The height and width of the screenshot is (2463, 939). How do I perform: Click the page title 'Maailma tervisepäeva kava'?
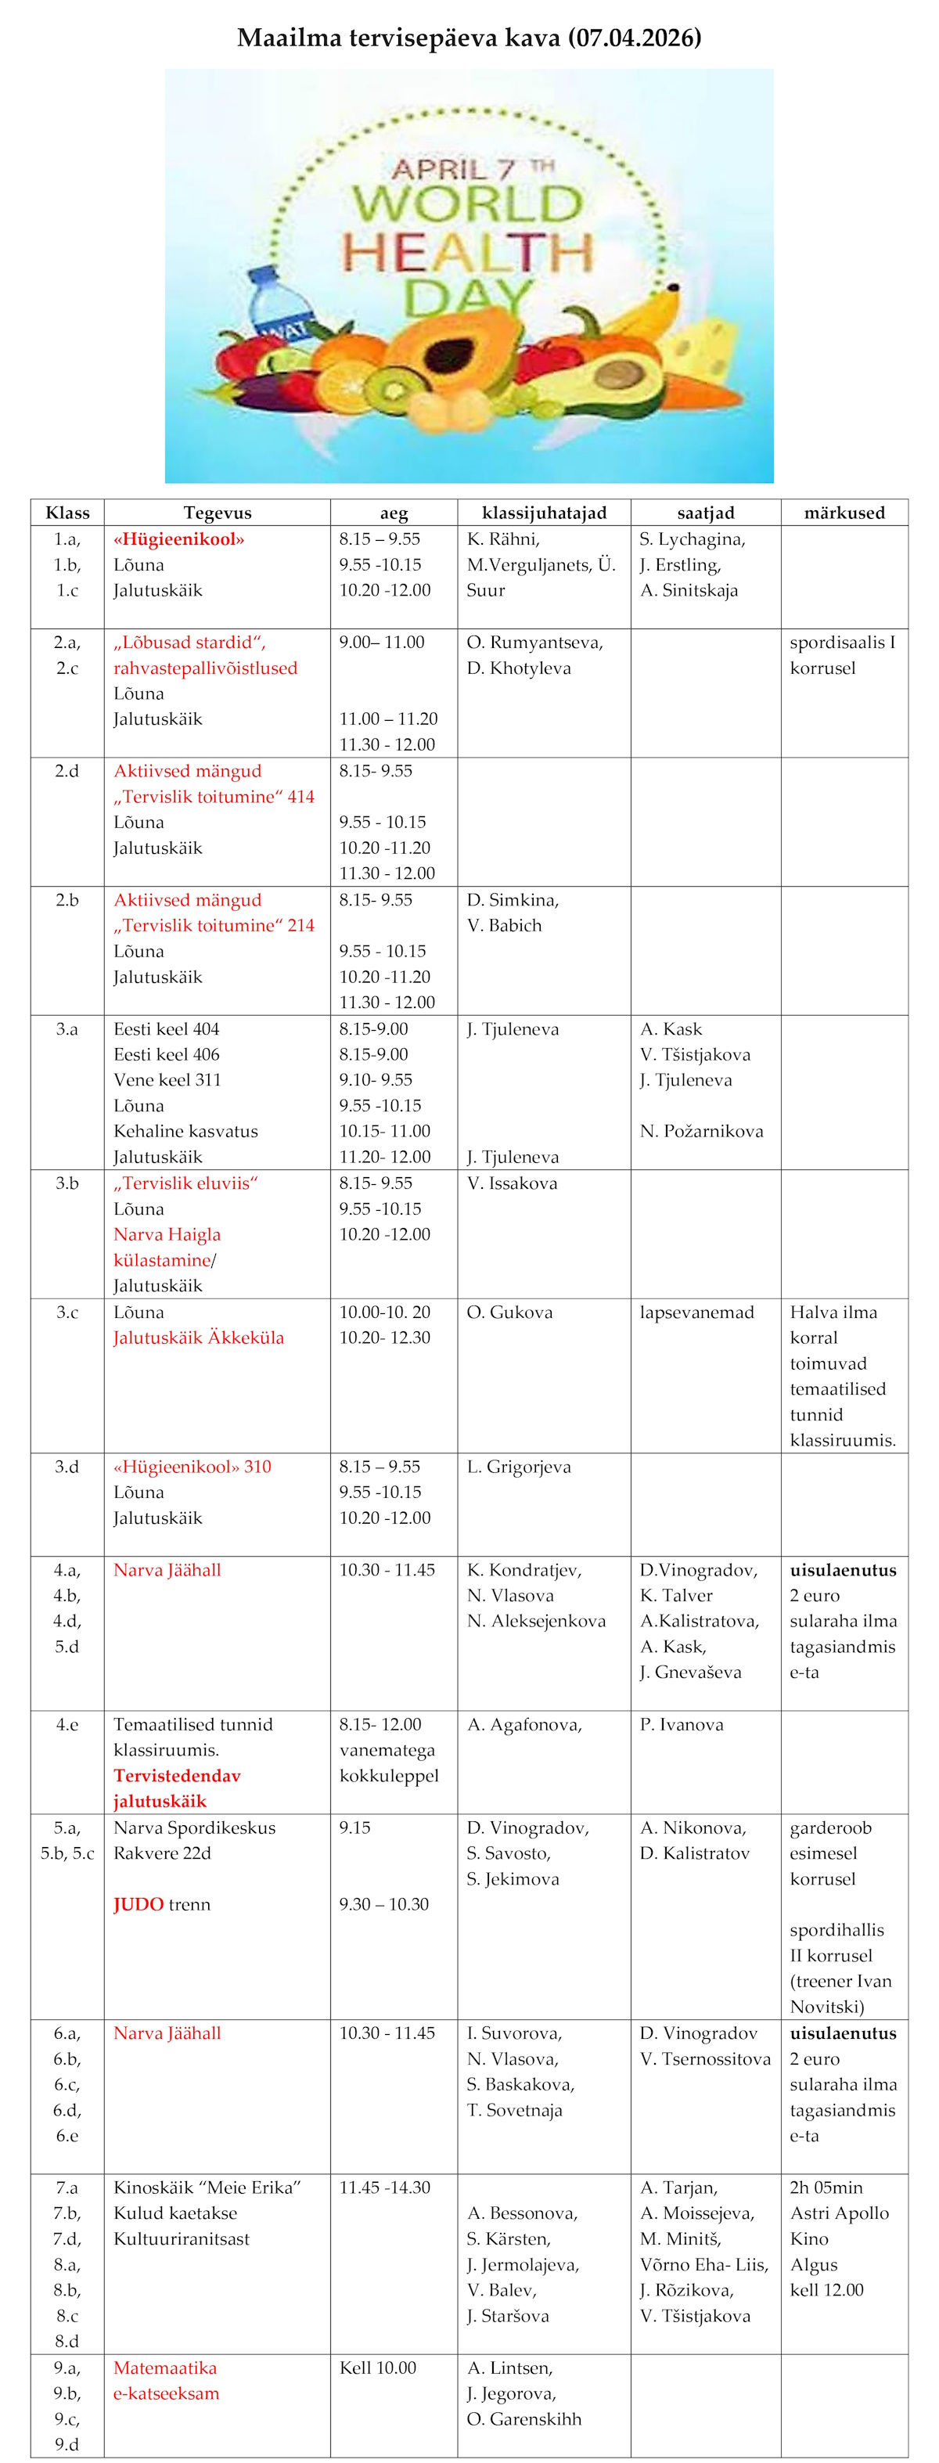(x=469, y=38)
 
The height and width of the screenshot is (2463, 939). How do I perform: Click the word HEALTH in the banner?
(x=468, y=251)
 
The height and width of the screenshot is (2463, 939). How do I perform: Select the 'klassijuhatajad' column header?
(x=543, y=513)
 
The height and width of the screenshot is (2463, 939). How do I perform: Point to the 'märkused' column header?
(x=844, y=513)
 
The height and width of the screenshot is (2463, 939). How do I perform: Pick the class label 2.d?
(x=67, y=771)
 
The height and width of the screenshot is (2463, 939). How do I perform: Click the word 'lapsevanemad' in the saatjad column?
(x=696, y=1312)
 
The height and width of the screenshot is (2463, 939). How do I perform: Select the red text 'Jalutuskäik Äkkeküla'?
(x=198, y=1338)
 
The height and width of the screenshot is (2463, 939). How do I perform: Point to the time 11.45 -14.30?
(x=384, y=2188)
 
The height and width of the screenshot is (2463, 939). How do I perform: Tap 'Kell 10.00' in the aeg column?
(x=378, y=2368)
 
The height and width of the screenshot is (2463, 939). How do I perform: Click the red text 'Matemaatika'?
(x=164, y=2368)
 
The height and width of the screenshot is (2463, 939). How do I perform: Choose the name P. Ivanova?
(x=681, y=1725)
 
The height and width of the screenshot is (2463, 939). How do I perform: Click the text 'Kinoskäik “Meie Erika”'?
(x=207, y=2188)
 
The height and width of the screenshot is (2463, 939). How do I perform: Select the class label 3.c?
(x=67, y=1312)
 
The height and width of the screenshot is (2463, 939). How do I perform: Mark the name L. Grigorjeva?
(x=518, y=1467)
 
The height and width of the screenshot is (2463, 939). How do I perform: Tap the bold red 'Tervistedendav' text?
(x=177, y=1776)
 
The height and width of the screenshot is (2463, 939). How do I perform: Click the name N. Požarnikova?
(x=701, y=1131)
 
